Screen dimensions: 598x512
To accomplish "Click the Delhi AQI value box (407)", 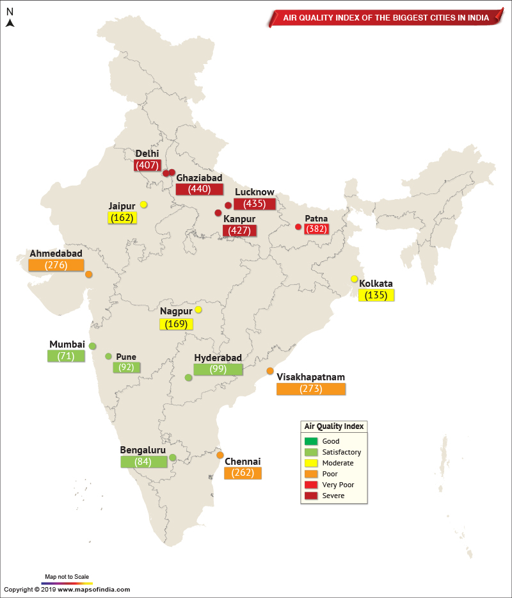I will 147,165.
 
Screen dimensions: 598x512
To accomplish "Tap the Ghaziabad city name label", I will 199,177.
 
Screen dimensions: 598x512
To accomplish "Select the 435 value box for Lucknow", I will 254,204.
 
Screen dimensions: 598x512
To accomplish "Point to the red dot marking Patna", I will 298,227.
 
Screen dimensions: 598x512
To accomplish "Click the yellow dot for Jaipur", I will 144,205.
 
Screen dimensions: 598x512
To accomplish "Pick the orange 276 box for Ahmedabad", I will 56,265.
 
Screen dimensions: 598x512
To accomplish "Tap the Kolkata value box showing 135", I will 376,295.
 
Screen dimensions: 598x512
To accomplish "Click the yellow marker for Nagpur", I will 198,310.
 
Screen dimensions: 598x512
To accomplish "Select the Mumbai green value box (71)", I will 66,356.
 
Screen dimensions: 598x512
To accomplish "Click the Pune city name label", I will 126,357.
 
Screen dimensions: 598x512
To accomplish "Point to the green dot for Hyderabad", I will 188,378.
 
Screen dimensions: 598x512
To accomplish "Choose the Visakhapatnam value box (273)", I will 311,389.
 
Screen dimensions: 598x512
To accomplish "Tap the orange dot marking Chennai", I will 220,455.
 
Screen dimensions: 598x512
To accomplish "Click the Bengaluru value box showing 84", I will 143,462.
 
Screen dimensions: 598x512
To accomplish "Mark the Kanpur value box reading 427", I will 239,230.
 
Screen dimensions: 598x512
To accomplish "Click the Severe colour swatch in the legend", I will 311,496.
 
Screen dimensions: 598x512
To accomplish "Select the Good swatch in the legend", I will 311,441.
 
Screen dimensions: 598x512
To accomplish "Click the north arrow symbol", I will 10,22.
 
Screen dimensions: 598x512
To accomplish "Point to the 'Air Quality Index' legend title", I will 333,426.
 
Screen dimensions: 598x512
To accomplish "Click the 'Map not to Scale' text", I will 67,576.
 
